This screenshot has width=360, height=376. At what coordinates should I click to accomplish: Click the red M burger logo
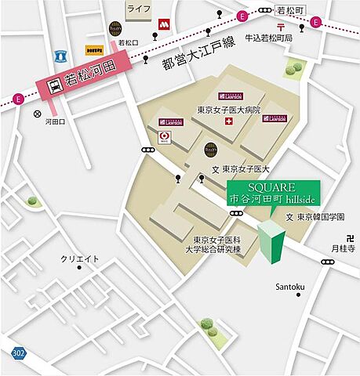pyautogui.click(x=165, y=25)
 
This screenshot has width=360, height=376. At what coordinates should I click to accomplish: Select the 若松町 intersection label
pyautogui.click(x=289, y=10)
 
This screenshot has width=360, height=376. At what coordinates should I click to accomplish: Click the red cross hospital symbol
pyautogui.click(x=228, y=122)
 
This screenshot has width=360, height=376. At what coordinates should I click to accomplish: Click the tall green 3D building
pyautogui.click(x=272, y=242)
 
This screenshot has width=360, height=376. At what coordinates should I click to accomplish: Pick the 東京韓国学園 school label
pyautogui.click(x=319, y=217)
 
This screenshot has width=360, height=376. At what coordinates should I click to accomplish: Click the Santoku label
pyautogui.click(x=289, y=287)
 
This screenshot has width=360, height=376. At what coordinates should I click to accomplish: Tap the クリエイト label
pyautogui.click(x=82, y=258)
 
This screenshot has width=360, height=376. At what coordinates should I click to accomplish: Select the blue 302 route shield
pyautogui.click(x=18, y=354)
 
